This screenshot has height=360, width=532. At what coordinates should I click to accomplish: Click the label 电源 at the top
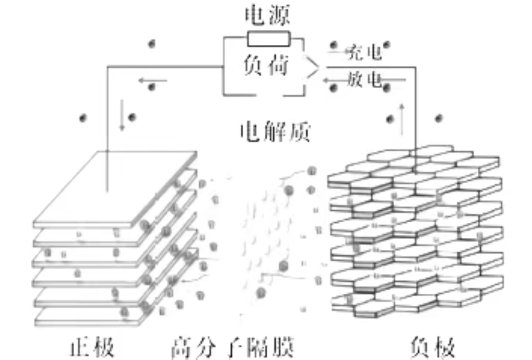pyautogui.click(x=267, y=17)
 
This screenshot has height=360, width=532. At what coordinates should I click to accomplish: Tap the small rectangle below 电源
pyautogui.click(x=268, y=38)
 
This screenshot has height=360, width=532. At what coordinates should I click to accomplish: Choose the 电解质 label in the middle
pyautogui.click(x=275, y=132)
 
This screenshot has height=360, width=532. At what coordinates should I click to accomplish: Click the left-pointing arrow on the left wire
pyautogui.click(x=152, y=80)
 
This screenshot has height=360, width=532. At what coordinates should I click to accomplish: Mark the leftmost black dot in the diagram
pyautogui.click(x=82, y=118)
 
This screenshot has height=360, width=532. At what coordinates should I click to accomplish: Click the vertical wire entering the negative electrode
pyautogui.click(x=416, y=110)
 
